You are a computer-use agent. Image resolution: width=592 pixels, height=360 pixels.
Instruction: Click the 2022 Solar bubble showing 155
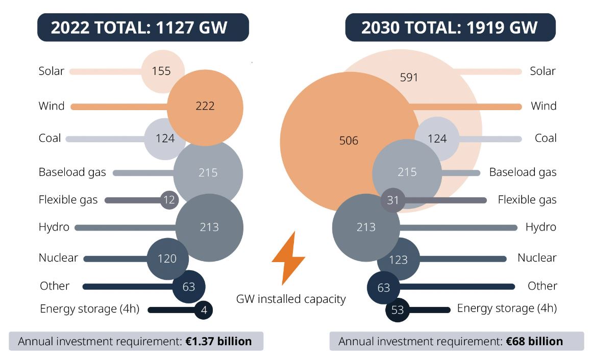pyautogui.click(x=161, y=71)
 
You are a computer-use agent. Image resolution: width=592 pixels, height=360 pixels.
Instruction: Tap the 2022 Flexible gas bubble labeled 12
pyautogui.click(x=169, y=200)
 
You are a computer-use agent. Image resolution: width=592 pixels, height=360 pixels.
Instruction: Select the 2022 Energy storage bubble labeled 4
pyautogui.click(x=204, y=310)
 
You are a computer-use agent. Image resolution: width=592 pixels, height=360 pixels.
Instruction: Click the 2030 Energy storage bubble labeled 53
pyautogui.click(x=398, y=310)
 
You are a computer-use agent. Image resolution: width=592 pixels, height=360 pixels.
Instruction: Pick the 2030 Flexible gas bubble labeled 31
pyautogui.click(x=393, y=200)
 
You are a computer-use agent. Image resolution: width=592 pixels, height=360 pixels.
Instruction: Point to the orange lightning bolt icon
pyautogui.click(x=288, y=258)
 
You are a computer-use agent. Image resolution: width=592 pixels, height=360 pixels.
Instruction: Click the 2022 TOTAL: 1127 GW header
pyautogui.click(x=143, y=27)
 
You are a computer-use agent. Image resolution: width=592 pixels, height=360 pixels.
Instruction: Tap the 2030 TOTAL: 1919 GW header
pyautogui.click(x=450, y=27)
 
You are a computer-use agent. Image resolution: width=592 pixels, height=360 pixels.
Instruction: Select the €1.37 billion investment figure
pyautogui.click(x=218, y=341)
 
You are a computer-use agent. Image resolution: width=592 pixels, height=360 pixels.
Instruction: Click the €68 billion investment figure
pyautogui.click(x=534, y=341)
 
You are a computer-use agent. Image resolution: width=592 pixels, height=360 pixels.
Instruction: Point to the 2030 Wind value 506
pyautogui.click(x=349, y=141)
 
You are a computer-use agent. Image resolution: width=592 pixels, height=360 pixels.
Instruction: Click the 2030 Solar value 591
pyautogui.click(x=409, y=78)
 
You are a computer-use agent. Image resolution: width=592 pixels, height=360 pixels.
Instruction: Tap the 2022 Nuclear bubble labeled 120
pyautogui.click(x=166, y=259)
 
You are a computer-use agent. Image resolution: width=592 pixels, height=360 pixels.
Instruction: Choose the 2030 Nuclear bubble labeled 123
pyautogui.click(x=399, y=260)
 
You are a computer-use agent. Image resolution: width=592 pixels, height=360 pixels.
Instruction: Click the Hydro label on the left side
pyautogui.click(x=54, y=227)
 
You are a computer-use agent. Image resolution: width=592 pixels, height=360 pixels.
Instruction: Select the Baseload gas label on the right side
pyautogui.click(x=523, y=172)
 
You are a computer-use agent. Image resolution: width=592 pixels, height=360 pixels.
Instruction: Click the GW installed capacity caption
pyautogui.click(x=291, y=299)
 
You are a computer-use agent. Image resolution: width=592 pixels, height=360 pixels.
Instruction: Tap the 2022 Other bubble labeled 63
pyautogui.click(x=189, y=287)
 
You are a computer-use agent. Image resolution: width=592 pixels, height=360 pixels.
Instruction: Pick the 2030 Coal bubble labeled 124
pyautogui.click(x=437, y=139)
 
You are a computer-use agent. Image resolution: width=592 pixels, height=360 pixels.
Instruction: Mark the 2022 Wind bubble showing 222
pyautogui.click(x=205, y=106)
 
